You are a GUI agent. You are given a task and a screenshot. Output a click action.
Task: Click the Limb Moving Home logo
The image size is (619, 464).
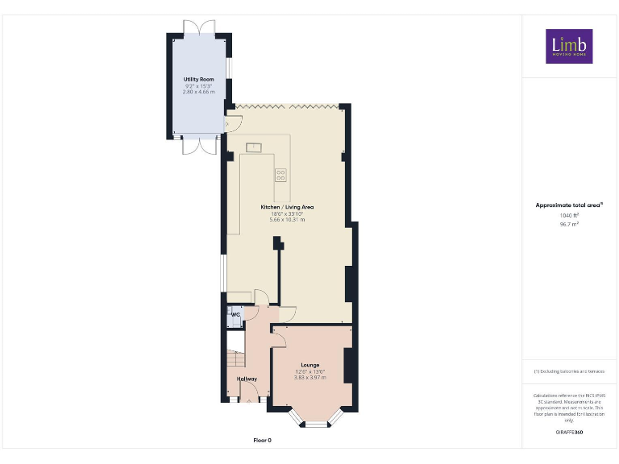point(569,47)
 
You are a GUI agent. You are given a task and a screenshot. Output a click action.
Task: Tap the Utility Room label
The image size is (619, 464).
point(198,80)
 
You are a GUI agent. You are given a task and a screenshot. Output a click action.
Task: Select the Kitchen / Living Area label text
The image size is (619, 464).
point(287,207)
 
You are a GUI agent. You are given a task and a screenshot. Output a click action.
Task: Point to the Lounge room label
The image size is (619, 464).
point(310,364)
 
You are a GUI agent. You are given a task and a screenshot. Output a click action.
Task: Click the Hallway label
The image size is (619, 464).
point(247,379)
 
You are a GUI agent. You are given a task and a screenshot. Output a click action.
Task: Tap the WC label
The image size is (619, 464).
point(235,314)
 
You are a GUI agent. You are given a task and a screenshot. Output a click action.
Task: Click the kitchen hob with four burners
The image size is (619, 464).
point(280,173)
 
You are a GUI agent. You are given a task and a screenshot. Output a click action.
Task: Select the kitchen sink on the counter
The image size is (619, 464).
point(253,147)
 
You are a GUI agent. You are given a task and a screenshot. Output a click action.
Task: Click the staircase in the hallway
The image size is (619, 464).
point(235,358)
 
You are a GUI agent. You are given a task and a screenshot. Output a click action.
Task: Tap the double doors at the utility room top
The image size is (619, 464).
point(198,26)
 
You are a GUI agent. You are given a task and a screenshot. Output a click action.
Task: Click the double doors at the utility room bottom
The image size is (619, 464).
point(198,146)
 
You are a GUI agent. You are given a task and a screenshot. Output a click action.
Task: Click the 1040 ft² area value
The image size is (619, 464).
point(569,216)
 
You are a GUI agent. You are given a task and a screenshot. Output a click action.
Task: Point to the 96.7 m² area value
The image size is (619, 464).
point(569,225)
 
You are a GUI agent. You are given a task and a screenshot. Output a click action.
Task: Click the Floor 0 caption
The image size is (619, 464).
point(263,441)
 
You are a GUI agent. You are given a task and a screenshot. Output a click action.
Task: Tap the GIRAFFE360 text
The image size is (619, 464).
point(569,433)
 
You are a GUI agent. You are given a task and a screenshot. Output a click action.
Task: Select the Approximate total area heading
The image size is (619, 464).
point(568,205)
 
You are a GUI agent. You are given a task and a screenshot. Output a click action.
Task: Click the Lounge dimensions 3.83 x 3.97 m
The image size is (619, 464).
point(310,377)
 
